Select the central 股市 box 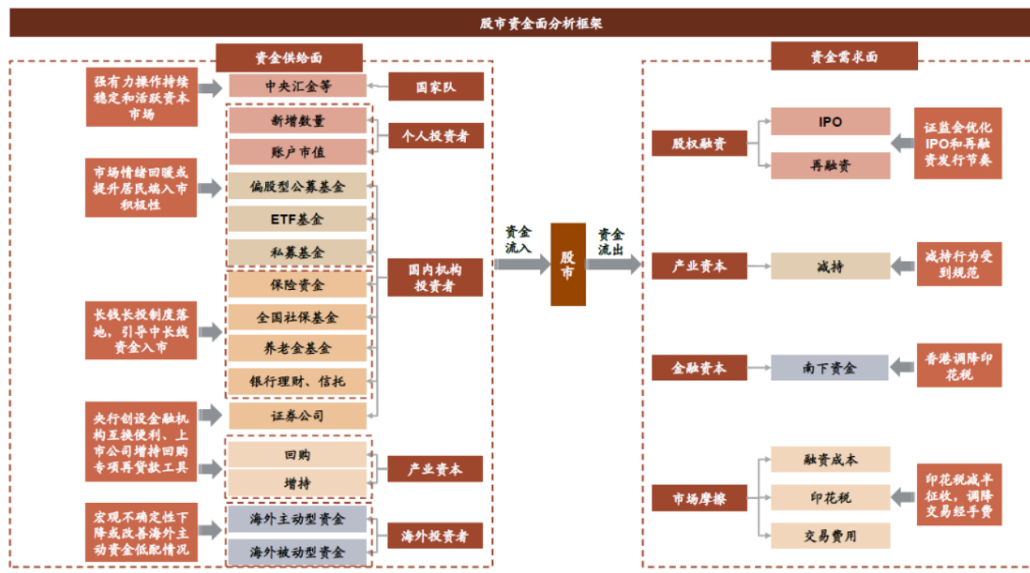568,264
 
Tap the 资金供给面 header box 289,58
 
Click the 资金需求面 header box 844,58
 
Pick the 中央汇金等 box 298,86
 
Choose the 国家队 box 435,86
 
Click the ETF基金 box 298,219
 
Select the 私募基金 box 298,252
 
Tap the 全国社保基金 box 298,317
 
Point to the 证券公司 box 298,416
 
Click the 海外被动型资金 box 298,551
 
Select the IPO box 830,122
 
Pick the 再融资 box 830,165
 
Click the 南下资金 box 830,367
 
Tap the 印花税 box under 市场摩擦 830,498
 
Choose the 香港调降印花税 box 959,366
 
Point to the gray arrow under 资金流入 521,264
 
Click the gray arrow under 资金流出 613,264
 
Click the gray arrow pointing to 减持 904,265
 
